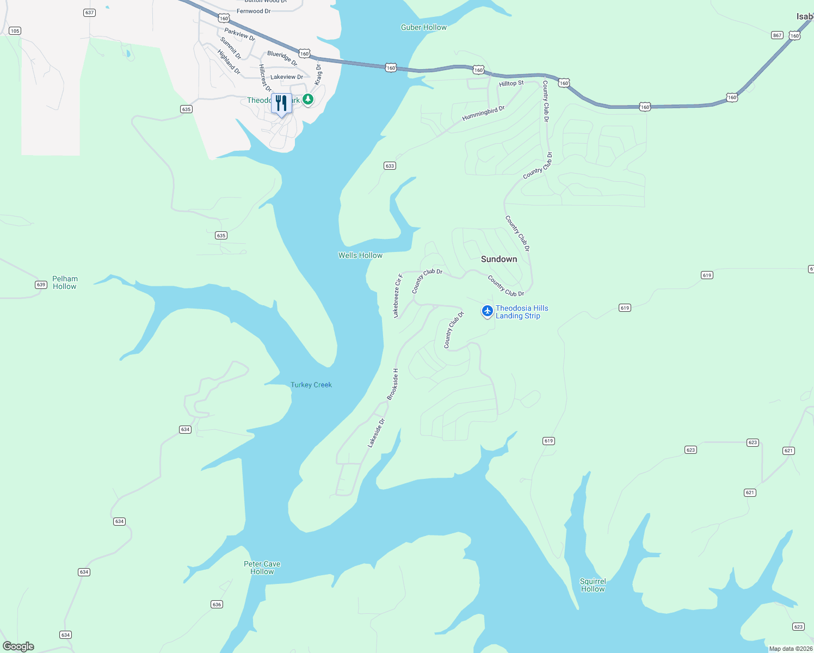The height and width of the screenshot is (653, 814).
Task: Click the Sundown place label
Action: (499, 259)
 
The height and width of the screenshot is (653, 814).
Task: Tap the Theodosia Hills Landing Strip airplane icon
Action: (488, 311)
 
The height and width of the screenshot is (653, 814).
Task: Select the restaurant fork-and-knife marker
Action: (281, 103)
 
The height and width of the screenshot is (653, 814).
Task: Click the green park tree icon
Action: (308, 100)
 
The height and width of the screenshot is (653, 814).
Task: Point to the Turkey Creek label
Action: (311, 385)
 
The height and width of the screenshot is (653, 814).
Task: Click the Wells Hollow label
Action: (360, 255)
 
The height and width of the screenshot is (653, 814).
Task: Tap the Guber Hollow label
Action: (424, 27)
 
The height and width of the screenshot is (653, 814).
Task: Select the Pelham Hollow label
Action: (65, 282)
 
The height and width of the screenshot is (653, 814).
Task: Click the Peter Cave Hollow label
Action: (262, 568)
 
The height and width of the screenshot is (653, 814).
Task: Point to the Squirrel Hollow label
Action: (593, 585)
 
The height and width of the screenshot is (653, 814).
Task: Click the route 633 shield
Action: (390, 166)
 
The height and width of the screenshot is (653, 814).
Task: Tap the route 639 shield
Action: (41, 285)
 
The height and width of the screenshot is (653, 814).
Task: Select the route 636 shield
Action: (217, 605)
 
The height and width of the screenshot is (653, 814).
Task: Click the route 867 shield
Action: (777, 35)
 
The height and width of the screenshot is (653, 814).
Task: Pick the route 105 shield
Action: (15, 31)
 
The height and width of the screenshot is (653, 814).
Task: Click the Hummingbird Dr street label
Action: (483, 113)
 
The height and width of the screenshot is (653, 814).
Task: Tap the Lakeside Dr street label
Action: (376, 433)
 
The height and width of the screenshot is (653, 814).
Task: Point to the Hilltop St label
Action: (511, 83)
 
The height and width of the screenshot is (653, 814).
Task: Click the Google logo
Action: (18, 646)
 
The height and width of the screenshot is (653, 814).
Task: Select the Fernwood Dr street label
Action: (254, 11)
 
